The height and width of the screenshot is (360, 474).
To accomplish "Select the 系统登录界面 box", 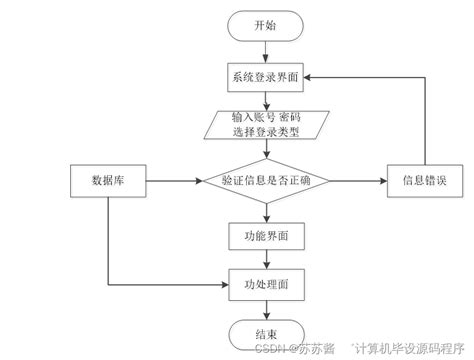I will pyautogui.click(x=266, y=77).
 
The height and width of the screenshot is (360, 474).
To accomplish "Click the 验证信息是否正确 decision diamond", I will pyautogui.click(x=266, y=181).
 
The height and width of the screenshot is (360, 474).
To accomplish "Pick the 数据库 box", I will pyautogui.click(x=107, y=181).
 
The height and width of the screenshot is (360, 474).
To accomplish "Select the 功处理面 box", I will pyautogui.click(x=266, y=283).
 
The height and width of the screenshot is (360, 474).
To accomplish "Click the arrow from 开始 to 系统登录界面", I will pyautogui.click(x=266, y=51).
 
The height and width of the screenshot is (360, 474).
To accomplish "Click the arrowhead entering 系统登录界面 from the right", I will pyautogui.click(x=310, y=77).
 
